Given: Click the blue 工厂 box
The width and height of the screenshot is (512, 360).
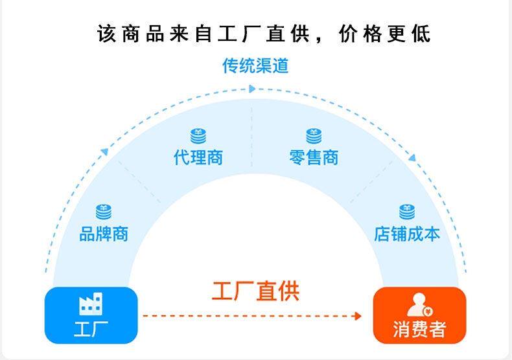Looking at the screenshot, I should coord(91,315).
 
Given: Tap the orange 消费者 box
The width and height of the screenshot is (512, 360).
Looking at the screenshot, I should coord(419,315).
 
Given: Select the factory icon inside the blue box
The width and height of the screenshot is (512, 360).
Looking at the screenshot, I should coord(91,304).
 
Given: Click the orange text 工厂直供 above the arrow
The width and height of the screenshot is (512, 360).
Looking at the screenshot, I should coord(255,290).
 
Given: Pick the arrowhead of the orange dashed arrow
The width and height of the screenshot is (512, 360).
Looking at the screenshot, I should coord(357,316).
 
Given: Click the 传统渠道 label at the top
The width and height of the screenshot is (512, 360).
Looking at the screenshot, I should coord(255,66).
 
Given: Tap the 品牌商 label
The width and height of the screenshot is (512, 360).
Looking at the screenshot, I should coord(104,233).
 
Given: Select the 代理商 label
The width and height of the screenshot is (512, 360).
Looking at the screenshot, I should coord(198,157).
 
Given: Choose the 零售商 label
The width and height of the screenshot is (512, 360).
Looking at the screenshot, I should coord(314,157).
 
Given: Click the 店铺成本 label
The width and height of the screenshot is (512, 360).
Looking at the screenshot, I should coord(406,233).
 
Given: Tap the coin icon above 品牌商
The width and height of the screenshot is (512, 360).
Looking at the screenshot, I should coord(104,212).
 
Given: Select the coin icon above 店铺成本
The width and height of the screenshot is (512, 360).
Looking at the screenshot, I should coord(407,212).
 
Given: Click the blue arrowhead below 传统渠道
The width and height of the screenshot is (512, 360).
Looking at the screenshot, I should coord(253,89).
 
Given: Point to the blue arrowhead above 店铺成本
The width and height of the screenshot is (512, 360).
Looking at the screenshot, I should coord(411,157).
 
